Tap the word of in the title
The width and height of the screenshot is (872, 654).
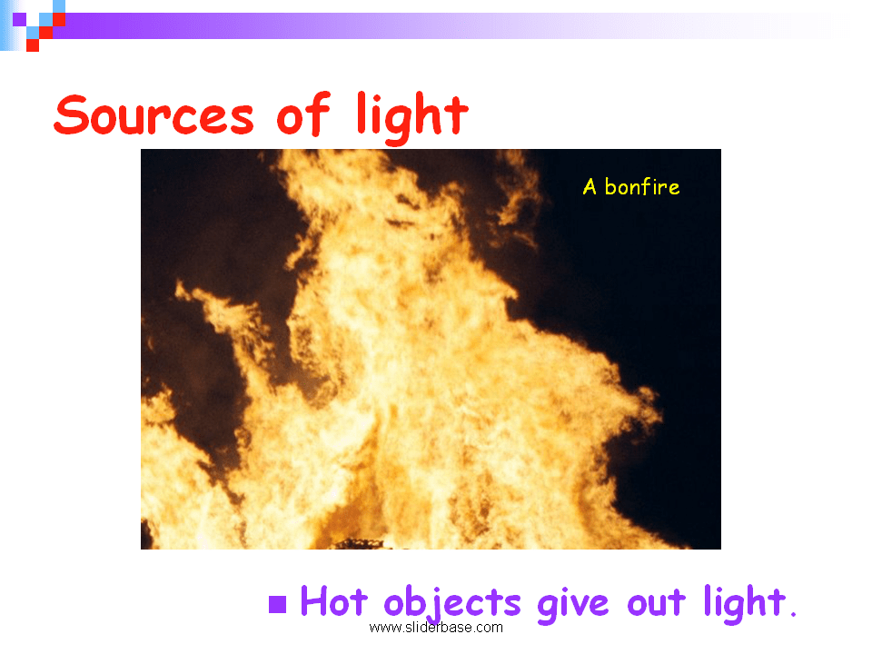302,115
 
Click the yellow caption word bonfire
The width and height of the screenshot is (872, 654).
642,187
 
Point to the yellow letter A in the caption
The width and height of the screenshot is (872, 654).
590,187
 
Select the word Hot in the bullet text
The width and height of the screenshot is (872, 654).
333,602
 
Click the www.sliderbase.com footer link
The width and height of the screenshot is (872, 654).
436,627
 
